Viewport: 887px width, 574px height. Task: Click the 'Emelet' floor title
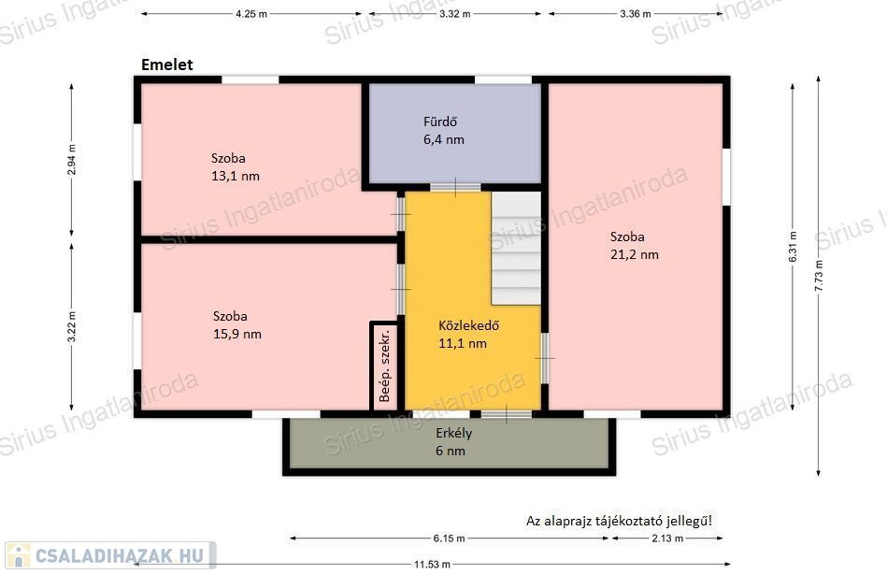167,65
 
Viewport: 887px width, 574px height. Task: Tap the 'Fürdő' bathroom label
440,122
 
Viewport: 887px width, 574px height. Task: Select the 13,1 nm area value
236,176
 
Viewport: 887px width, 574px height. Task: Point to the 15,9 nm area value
237,334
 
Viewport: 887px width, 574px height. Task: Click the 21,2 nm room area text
634,254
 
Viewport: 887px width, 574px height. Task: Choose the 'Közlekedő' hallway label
469,325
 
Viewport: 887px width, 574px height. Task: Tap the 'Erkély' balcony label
453,434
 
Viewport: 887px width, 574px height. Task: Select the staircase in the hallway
516,249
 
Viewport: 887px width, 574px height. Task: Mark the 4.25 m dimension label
251,14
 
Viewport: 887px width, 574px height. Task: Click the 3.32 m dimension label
455,14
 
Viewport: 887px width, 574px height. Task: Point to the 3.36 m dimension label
636,14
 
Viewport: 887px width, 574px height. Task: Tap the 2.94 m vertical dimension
72,160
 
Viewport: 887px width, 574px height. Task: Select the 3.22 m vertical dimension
72,327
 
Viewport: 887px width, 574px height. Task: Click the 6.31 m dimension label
793,247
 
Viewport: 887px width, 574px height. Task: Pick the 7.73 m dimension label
819,276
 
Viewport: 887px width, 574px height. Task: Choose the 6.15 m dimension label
450,538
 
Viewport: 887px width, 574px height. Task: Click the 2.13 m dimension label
667,538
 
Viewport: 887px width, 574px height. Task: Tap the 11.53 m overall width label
432,565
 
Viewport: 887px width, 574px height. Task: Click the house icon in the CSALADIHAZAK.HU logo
19,556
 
